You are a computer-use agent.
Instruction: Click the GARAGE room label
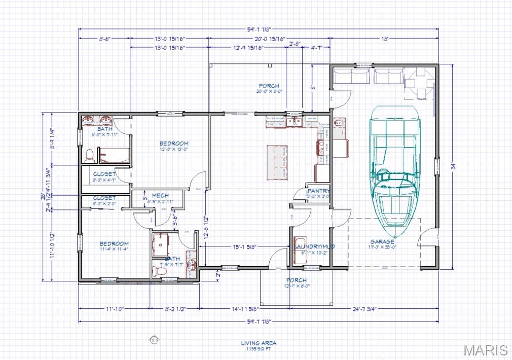click(x=382, y=242)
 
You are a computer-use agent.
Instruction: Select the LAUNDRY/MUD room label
click(x=314, y=247)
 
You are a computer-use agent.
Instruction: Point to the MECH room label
click(x=160, y=196)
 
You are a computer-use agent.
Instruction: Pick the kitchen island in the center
click(x=277, y=162)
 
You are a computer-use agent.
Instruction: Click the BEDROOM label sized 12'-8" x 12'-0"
click(x=174, y=143)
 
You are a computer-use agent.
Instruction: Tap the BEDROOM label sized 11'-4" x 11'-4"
click(x=114, y=244)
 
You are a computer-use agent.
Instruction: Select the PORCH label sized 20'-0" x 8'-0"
click(x=269, y=86)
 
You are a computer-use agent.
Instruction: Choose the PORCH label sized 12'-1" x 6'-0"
click(x=296, y=280)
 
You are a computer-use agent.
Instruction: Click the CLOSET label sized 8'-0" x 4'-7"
click(x=104, y=174)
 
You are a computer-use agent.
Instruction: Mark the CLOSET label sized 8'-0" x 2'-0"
click(x=104, y=198)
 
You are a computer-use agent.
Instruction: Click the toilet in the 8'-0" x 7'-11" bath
click(x=90, y=155)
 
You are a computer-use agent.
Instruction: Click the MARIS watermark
click(x=485, y=350)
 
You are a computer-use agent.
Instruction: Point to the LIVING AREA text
click(x=259, y=343)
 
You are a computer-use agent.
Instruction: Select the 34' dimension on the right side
click(x=454, y=165)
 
